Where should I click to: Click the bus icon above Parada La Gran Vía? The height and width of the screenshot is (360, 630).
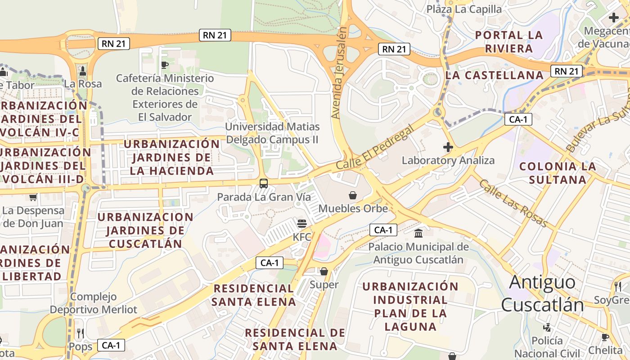click(x=264, y=184)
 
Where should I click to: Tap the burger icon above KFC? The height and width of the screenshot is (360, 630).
click(x=301, y=224)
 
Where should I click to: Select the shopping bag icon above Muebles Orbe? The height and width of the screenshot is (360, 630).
click(x=353, y=195)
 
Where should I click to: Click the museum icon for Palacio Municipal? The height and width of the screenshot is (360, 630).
click(x=418, y=234)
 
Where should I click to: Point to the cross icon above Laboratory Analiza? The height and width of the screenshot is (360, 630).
click(x=448, y=147)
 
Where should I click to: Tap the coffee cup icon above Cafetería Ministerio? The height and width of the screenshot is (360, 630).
click(x=165, y=65)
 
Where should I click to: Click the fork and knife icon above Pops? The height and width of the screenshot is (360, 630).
click(x=81, y=333)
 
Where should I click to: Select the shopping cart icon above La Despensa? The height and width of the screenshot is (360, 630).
click(x=32, y=197)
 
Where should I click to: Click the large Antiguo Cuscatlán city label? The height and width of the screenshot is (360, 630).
click(x=542, y=293)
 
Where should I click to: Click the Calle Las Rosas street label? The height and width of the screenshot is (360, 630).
click(x=513, y=203)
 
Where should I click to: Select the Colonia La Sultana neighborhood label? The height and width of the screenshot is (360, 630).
click(x=558, y=173)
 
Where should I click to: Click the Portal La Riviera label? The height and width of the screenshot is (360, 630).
click(x=509, y=41)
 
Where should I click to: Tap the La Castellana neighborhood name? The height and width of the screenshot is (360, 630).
click(x=494, y=75)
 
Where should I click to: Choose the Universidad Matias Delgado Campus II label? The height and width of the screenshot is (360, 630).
click(x=272, y=133)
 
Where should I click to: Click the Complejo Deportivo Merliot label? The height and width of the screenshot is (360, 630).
click(x=93, y=303)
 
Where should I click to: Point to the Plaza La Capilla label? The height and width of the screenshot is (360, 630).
click(x=464, y=9)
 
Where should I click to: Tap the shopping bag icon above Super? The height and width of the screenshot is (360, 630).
click(x=324, y=271)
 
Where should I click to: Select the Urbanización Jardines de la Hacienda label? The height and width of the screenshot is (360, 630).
click(x=171, y=157)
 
